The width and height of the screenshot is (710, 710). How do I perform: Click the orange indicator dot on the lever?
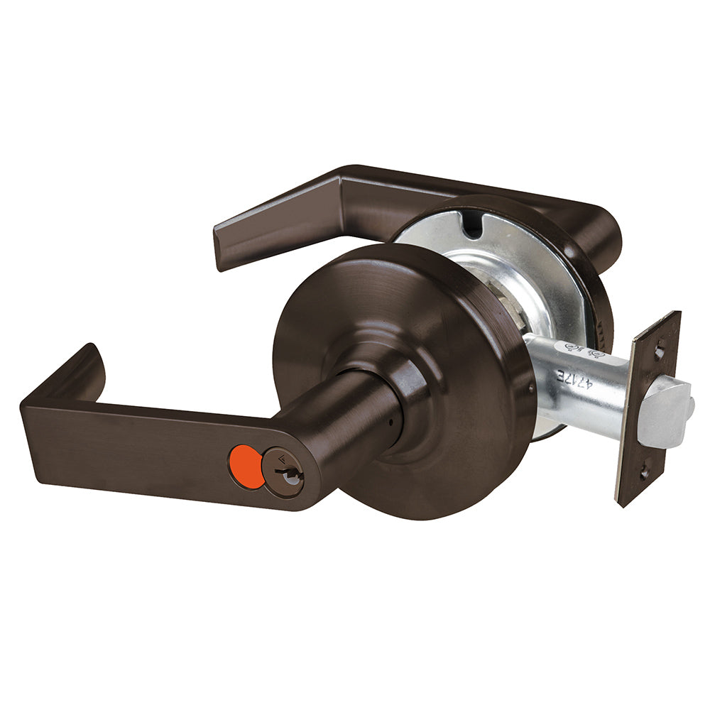click(246, 467)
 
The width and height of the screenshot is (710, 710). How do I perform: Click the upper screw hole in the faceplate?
click(660, 351)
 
